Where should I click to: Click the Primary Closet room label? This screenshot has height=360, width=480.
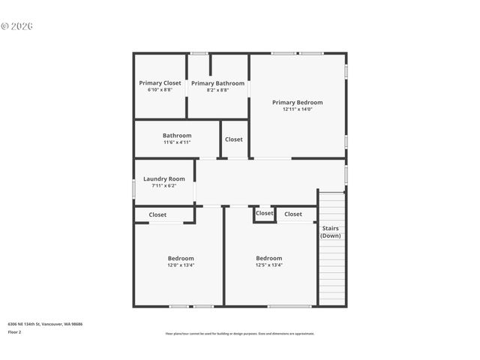coord(160,83)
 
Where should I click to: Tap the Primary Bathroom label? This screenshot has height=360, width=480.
coord(217,83)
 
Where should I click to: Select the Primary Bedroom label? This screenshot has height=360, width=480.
coord(297,103)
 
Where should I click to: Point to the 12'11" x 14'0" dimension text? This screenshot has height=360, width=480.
coord(297,109)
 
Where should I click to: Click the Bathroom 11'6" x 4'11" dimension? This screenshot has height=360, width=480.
coord(177,142)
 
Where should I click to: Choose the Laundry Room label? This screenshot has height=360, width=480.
coord(164,179)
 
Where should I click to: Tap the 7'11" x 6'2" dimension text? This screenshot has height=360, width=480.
coord(164,185)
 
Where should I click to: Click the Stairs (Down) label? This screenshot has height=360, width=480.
coord(331,232)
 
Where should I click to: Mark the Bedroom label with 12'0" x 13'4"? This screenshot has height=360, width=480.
coord(181,258)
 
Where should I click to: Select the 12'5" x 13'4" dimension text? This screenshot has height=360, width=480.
coord(268,265)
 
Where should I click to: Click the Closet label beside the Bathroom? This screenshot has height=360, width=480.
coord(234,139)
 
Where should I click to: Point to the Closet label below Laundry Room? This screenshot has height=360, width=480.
coord(157,214)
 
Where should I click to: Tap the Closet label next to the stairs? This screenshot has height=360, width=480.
coord(293,214)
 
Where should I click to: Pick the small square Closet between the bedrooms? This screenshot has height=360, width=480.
coord(264,213)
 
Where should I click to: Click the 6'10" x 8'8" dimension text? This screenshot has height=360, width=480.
coord(160,90)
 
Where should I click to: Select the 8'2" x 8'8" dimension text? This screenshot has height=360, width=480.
coord(217,90)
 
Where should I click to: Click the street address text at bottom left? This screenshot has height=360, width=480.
coord(45,324)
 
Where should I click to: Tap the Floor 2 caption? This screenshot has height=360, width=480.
coord(15,331)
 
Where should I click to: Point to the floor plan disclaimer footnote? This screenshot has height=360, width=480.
coord(240,334)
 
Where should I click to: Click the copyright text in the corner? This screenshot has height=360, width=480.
coord(17,26)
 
